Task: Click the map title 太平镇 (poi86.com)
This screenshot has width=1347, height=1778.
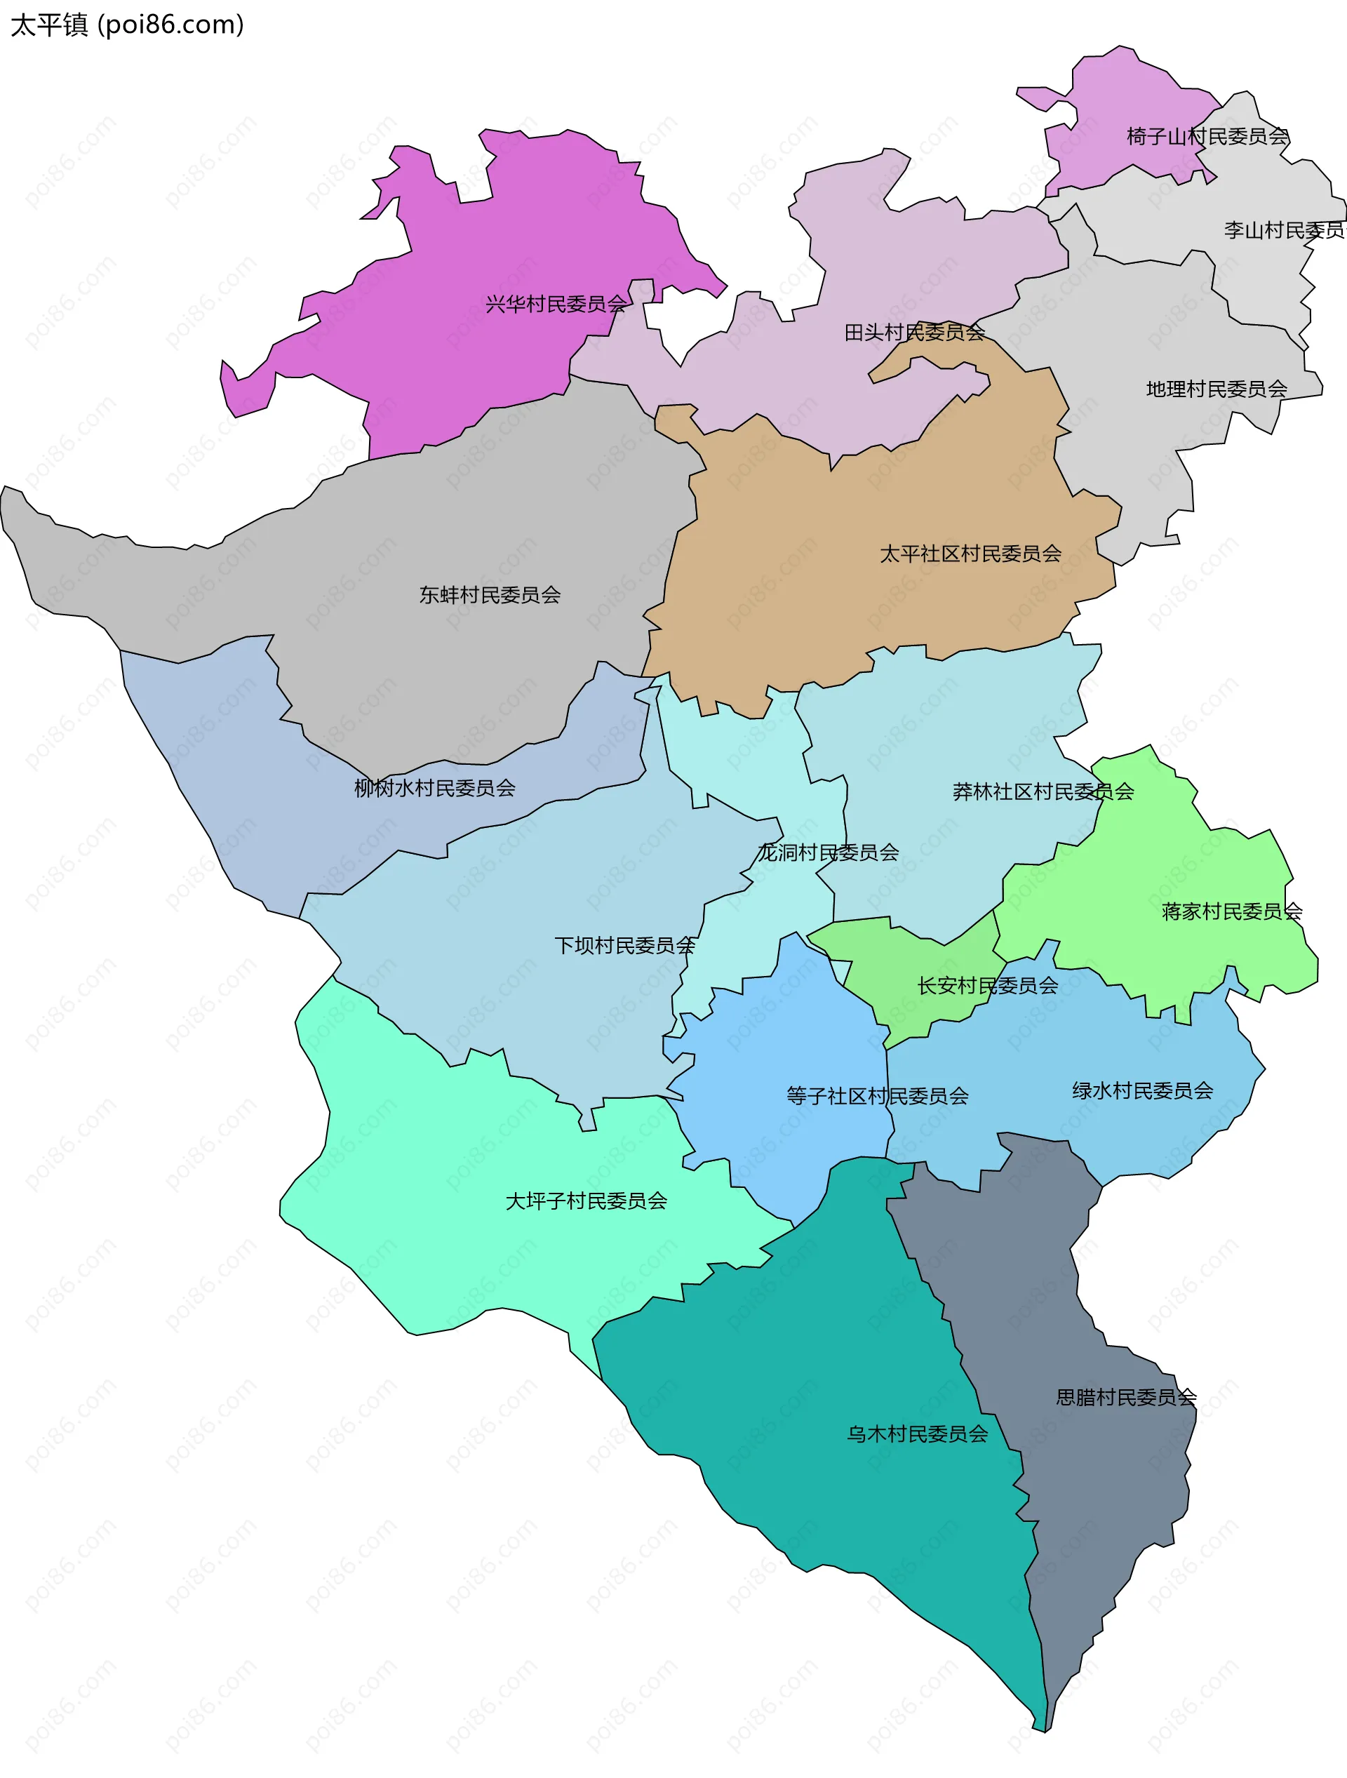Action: tap(127, 26)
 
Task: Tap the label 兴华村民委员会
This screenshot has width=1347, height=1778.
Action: tap(556, 305)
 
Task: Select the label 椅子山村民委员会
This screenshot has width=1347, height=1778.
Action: tap(1207, 137)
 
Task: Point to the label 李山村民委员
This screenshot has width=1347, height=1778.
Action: tap(1283, 231)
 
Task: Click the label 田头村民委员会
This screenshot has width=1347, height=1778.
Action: tap(914, 333)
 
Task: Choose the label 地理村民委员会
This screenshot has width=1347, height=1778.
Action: tap(1216, 390)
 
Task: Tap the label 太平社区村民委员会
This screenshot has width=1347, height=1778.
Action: tap(970, 554)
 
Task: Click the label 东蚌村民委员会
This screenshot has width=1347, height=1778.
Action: tap(490, 596)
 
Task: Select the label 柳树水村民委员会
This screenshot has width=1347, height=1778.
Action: tap(435, 789)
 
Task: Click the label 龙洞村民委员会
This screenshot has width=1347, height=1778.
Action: tap(828, 853)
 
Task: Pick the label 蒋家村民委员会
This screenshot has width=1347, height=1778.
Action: tap(1231, 912)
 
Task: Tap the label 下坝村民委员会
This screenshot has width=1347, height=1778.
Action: tap(624, 946)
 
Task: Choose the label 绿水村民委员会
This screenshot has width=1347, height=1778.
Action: tap(1142, 1092)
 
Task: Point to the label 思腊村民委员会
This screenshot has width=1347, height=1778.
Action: tap(1126, 1398)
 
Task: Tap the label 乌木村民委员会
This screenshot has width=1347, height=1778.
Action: tap(917, 1434)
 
